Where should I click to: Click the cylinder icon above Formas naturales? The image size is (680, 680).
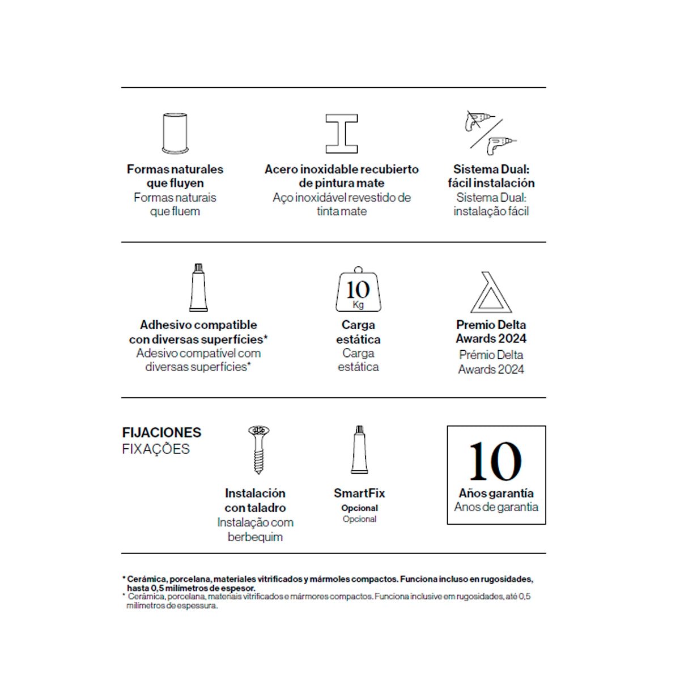pos(175,133)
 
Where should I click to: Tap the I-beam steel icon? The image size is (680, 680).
pos(341,133)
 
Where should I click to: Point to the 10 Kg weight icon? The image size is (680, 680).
pos(358,290)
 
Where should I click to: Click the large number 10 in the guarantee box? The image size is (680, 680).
pos(495,462)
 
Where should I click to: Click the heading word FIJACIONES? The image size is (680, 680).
pos(161,432)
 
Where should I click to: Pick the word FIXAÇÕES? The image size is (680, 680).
pos(156,449)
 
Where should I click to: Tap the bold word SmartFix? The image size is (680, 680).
pos(359,493)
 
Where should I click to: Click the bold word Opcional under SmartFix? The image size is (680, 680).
pos(359,508)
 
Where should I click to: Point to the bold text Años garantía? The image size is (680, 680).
pos(496,493)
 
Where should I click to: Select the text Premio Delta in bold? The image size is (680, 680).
pos(491,325)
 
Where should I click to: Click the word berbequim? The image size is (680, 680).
pos(255,537)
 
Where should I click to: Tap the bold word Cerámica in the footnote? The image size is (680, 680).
pos(146,579)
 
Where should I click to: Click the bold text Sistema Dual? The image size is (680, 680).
pos(491,169)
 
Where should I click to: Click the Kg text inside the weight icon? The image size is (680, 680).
pos(358,305)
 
